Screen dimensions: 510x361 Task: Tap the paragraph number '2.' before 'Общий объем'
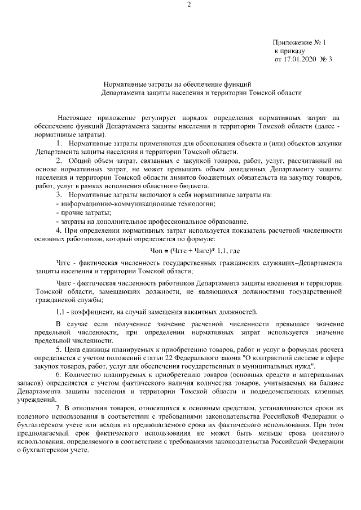58,161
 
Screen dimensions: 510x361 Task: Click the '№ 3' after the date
325,58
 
